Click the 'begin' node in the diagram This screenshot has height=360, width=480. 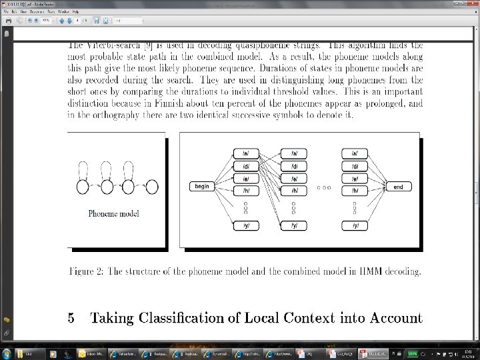tap(202, 186)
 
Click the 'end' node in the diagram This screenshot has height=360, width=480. tap(398, 187)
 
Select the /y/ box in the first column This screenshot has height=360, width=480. tap(245, 226)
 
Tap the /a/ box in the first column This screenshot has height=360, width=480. tap(245, 153)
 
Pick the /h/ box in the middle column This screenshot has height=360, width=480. tap(293, 190)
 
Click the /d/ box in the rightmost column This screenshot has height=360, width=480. tap(355, 166)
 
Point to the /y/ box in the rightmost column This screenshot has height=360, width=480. tap(355, 226)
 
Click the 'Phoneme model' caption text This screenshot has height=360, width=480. tap(114, 213)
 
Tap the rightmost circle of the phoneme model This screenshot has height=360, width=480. tap(152, 187)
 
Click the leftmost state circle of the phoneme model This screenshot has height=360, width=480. tap(83, 187)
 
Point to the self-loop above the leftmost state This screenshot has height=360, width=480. tap(83, 169)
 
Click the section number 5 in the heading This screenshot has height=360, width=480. tap(71, 318)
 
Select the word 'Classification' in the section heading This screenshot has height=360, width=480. tap(176, 318)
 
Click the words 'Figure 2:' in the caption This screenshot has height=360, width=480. tap(87, 271)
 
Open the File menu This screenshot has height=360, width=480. tap(6, 12)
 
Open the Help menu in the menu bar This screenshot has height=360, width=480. tap(75, 12)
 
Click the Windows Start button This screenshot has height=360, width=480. tap(7, 353)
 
